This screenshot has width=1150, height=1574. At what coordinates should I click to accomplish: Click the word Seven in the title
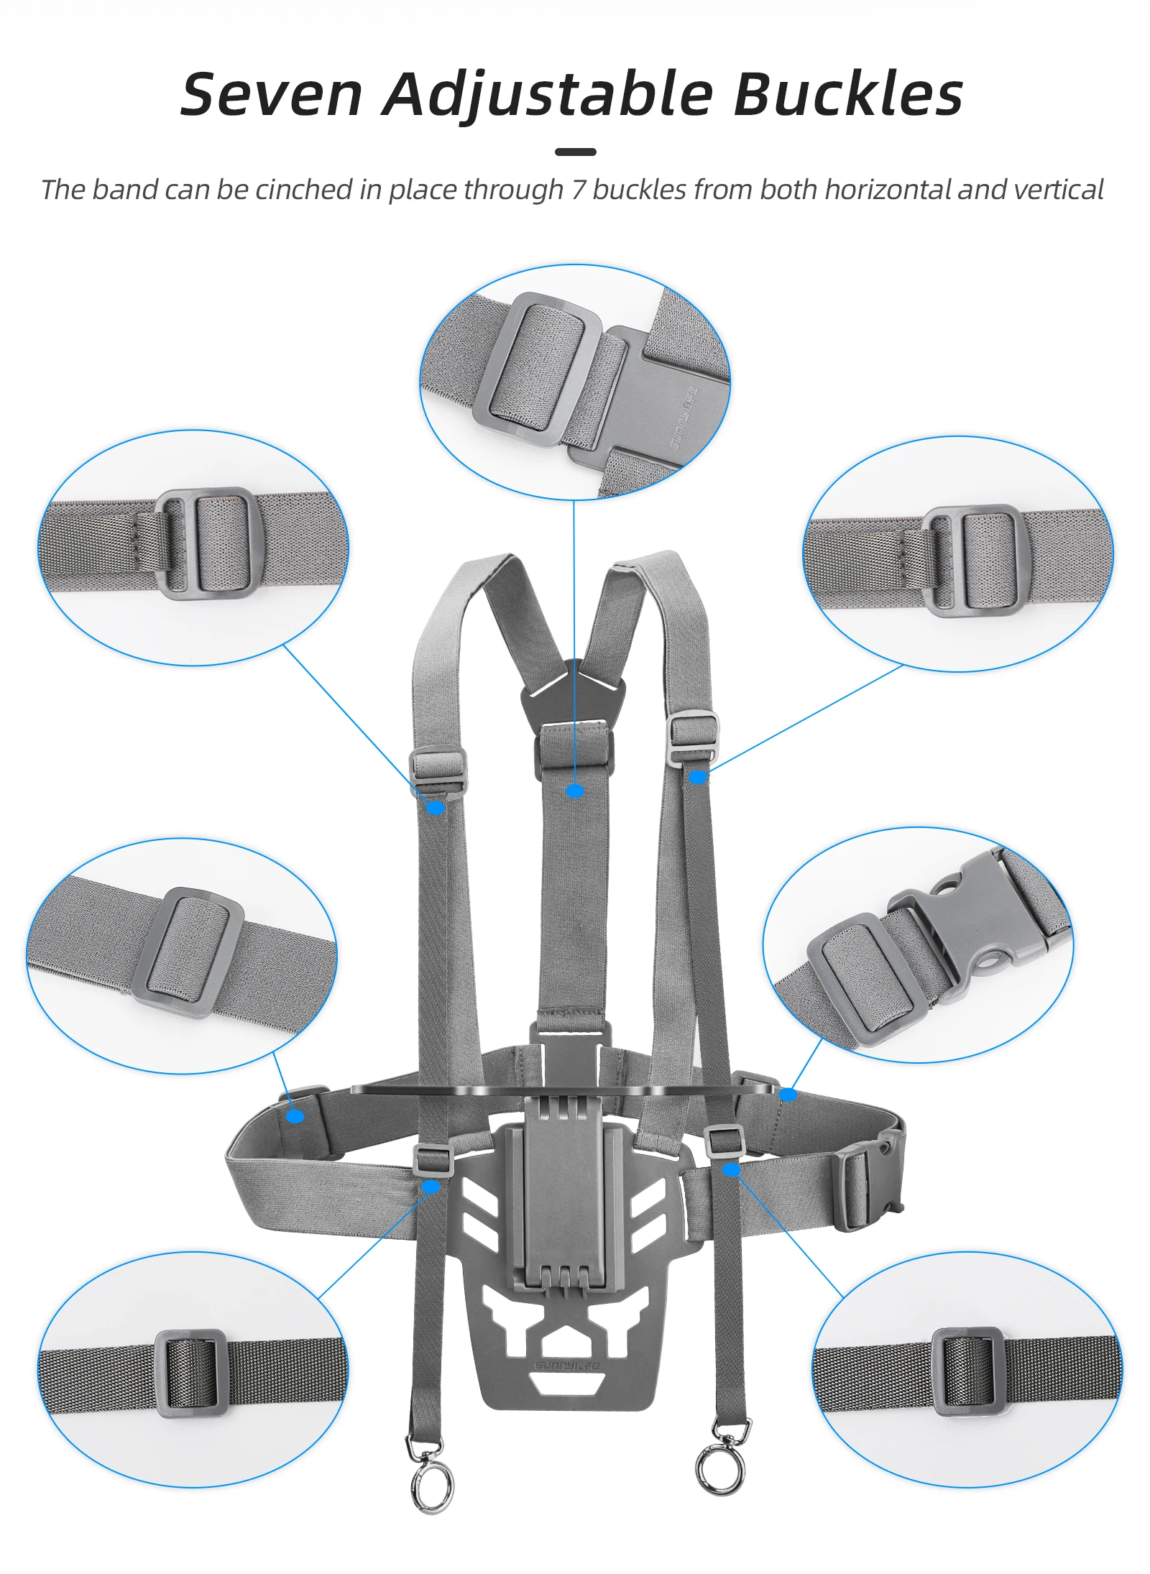pyautogui.click(x=271, y=94)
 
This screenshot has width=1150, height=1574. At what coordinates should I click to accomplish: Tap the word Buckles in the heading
pyautogui.click(x=847, y=94)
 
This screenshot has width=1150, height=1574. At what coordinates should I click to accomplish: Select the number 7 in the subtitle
pyautogui.click(x=579, y=190)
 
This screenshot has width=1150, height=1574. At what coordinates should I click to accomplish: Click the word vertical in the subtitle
pyautogui.click(x=1058, y=190)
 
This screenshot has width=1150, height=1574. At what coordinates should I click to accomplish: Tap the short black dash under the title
pyautogui.click(x=575, y=152)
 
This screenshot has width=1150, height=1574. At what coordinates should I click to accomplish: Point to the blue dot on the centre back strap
pyautogui.click(x=575, y=791)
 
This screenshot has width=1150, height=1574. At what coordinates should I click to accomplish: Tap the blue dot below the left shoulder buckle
pyautogui.click(x=436, y=808)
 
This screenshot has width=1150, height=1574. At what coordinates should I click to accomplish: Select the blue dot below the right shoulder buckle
pyautogui.click(x=697, y=777)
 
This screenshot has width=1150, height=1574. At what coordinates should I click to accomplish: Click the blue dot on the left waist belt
pyautogui.click(x=295, y=1116)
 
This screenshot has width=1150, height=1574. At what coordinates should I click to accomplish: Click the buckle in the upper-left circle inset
pyautogui.click(x=206, y=543)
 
